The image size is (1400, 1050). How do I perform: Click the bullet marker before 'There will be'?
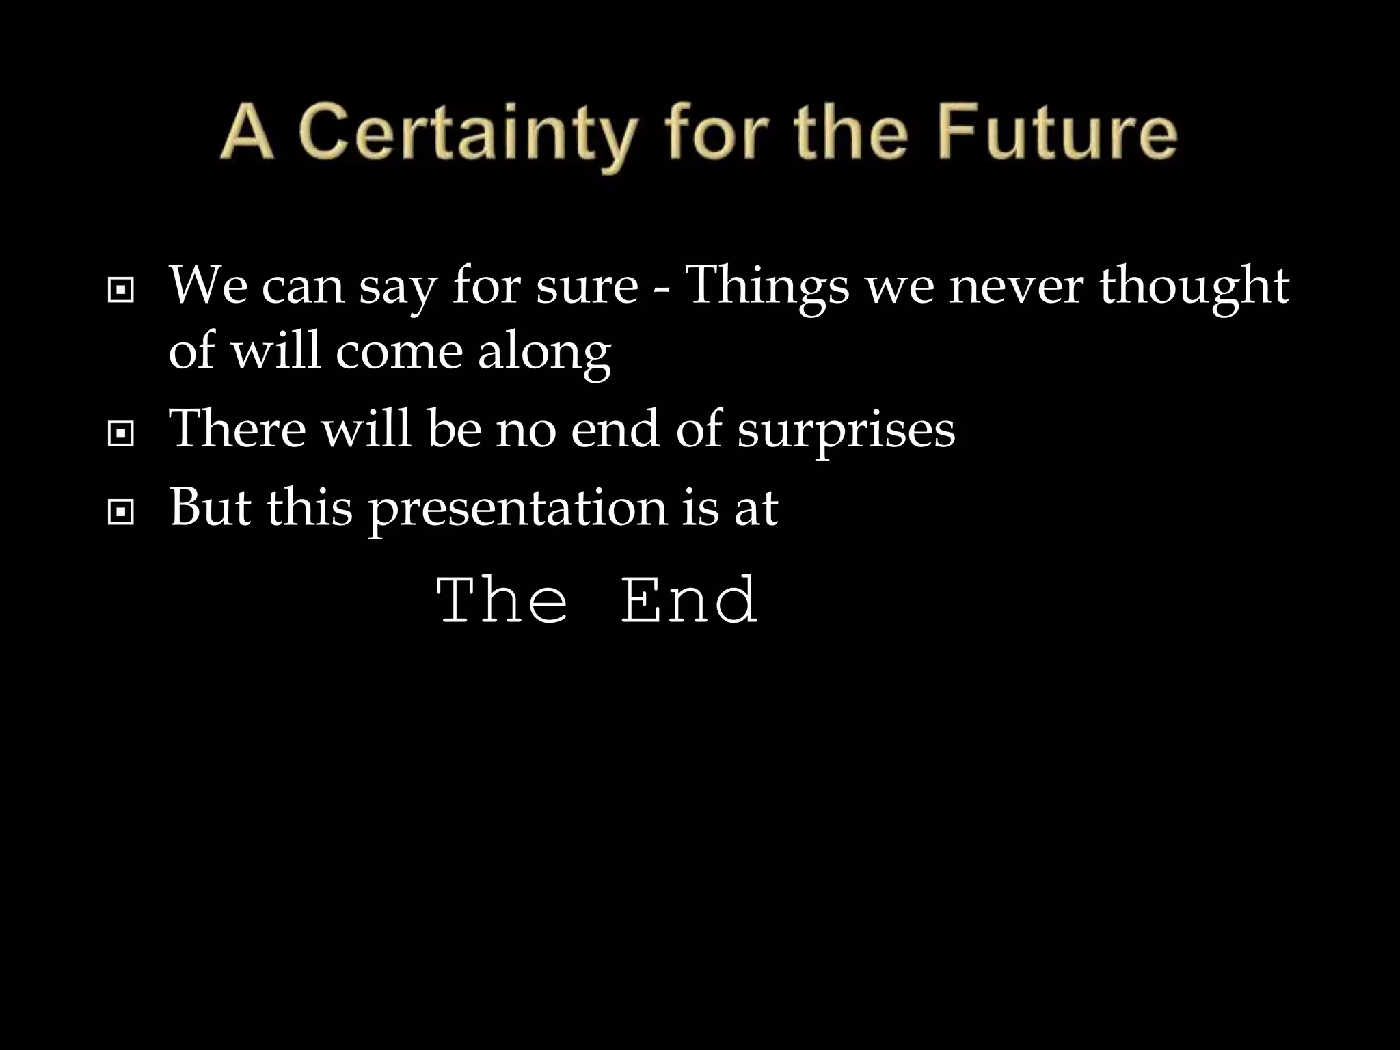point(121,435)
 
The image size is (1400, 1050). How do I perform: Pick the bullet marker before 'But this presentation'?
point(121,513)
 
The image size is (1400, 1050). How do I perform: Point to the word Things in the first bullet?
point(766,287)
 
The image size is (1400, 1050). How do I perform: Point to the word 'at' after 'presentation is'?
point(756,510)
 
